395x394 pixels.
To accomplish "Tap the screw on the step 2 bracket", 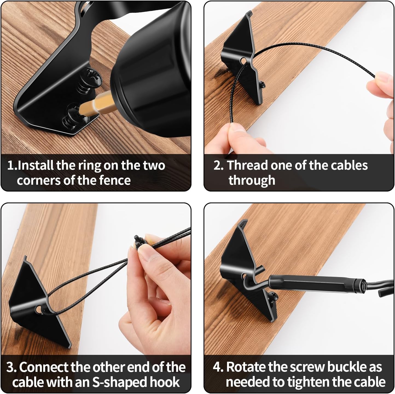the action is (x=262, y=85).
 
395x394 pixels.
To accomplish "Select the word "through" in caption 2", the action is (x=252, y=180).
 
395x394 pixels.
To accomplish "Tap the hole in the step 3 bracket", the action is (x=38, y=309).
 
